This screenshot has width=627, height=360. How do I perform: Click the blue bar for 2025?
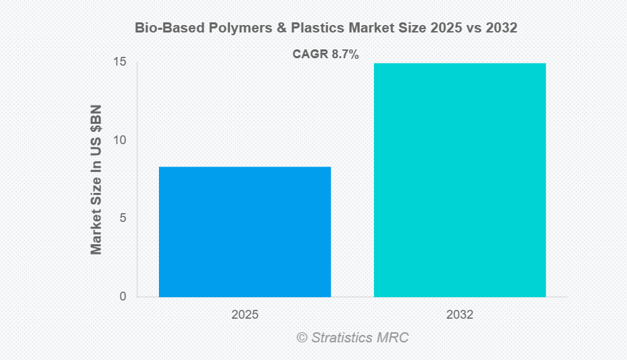(x=244, y=231)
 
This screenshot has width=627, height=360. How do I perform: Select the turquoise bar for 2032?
(x=460, y=179)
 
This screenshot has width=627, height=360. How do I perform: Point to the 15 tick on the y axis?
(x=121, y=62)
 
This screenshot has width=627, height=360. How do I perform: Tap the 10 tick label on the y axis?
(x=121, y=140)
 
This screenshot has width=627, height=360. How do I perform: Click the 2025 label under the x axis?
(x=244, y=315)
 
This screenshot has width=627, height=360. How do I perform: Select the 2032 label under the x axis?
(x=460, y=315)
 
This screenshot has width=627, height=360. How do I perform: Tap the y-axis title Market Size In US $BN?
(x=96, y=179)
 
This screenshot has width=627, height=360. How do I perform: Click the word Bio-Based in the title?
(x=162, y=28)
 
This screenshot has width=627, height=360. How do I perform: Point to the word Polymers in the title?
(x=223, y=28)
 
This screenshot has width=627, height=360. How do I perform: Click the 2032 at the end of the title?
(x=502, y=28)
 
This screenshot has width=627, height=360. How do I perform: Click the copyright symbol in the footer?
(x=302, y=337)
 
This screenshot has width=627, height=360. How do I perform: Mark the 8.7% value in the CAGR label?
(x=344, y=55)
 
